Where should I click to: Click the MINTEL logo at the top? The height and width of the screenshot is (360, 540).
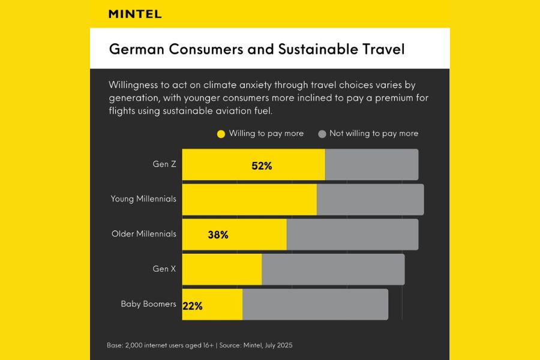pos(135,14)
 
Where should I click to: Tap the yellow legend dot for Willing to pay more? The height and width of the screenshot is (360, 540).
pos(221,134)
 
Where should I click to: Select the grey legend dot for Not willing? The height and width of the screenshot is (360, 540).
pos(322,134)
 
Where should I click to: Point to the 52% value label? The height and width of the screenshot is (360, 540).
pos(262,166)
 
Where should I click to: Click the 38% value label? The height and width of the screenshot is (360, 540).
pos(218,235)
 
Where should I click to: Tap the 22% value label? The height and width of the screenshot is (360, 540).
pos(193,305)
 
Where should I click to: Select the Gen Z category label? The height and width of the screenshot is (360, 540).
pos(164,164)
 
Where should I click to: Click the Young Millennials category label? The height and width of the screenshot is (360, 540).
pos(143,199)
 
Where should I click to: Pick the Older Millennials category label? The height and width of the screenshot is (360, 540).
pos(144,233)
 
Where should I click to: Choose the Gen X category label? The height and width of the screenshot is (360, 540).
pos(164,269)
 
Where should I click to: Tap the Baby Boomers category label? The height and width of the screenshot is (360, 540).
pos(148,304)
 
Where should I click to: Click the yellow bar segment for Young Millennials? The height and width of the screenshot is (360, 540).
pos(249,200)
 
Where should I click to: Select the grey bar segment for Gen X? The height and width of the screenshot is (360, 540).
pos(333,269)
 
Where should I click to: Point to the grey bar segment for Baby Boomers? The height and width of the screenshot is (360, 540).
pos(315,304)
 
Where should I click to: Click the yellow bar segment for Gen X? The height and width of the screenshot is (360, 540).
pos(222,269)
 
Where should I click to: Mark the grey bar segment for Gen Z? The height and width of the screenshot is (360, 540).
pos(371,164)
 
